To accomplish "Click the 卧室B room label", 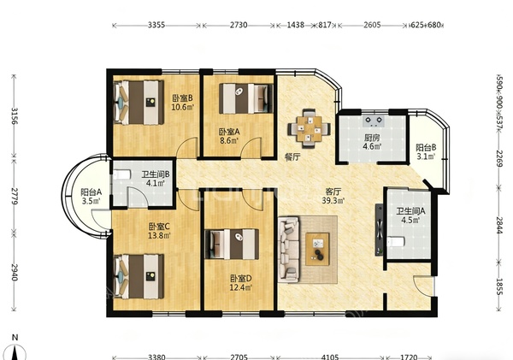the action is pyautogui.click(x=183, y=97).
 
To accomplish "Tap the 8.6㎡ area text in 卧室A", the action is pyautogui.click(x=229, y=141).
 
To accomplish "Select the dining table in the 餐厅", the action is pyautogui.click(x=309, y=127).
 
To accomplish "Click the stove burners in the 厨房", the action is pyautogui.click(x=374, y=121).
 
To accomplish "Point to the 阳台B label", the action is pyautogui.click(x=426, y=148).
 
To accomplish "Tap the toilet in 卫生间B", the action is pyautogui.click(x=121, y=174).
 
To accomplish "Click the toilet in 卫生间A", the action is pyautogui.click(x=396, y=242).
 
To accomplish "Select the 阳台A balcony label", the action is pyautogui.click(x=91, y=192).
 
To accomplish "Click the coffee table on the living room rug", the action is pyautogui.click(x=317, y=249).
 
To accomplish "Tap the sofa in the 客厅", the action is pyautogui.click(x=289, y=249).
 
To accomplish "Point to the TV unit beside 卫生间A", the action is pyautogui.click(x=379, y=229).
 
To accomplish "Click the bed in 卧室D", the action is pyautogui.click(x=232, y=245).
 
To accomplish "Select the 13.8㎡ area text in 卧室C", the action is pyautogui.click(x=159, y=235).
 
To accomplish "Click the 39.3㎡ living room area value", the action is pyautogui.click(x=333, y=201).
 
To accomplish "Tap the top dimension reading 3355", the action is pyautogui.click(x=156, y=25).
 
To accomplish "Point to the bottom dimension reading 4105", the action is pyautogui.click(x=330, y=357).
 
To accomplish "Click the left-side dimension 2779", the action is pyautogui.click(x=14, y=197).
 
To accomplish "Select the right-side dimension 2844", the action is pyautogui.click(x=499, y=225).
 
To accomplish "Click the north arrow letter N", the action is pyautogui.click(x=15, y=338).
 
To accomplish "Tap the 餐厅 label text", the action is pyautogui.click(x=292, y=157).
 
